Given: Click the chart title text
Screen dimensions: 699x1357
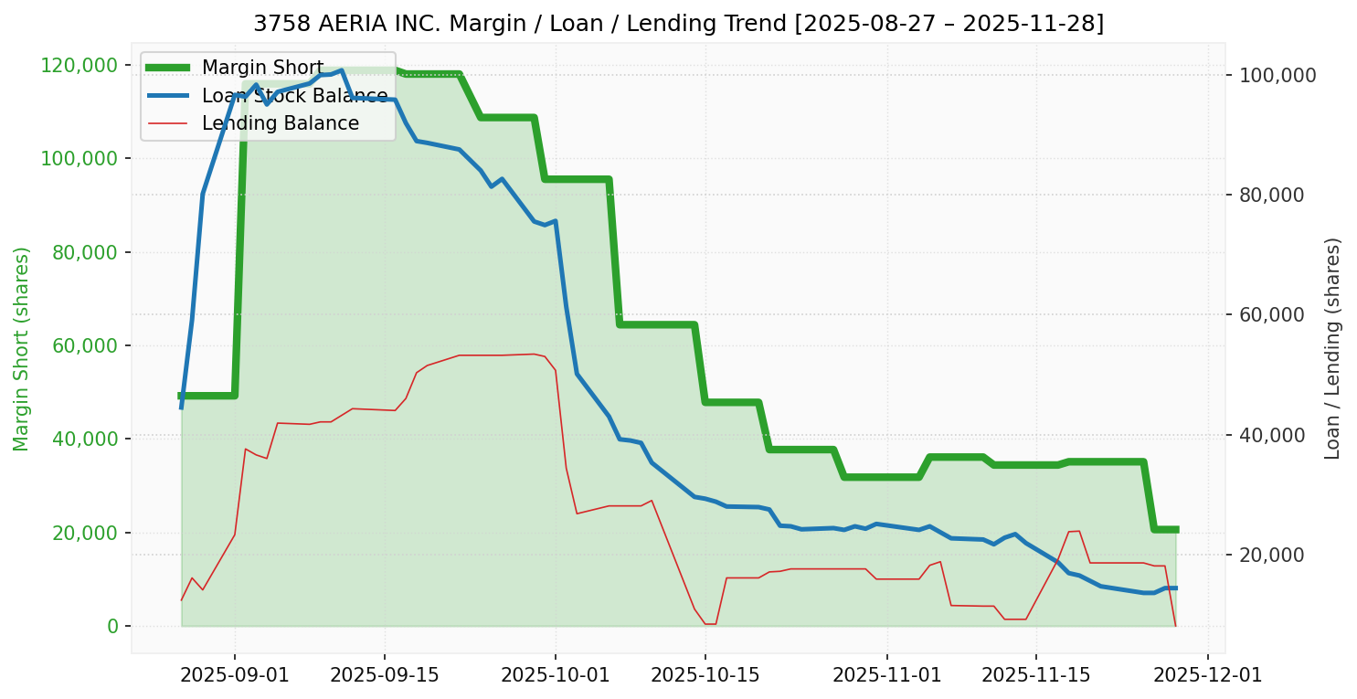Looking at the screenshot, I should click(x=678, y=24).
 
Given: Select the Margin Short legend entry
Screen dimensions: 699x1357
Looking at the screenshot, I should click(x=262, y=68).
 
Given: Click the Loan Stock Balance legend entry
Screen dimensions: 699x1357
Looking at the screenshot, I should click(x=294, y=96).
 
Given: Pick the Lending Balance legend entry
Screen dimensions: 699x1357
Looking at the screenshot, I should click(x=280, y=123).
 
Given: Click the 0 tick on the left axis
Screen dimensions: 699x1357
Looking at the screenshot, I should click(x=112, y=626).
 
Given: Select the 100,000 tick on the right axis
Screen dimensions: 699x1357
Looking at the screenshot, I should click(x=1277, y=75).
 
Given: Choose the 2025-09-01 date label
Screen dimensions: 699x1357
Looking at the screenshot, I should click(x=235, y=675).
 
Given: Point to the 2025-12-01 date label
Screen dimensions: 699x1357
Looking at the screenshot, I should click(x=1208, y=675).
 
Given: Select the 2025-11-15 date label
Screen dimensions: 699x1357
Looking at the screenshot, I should click(x=1036, y=675).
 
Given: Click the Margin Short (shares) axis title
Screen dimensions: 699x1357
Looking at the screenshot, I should click(x=22, y=348).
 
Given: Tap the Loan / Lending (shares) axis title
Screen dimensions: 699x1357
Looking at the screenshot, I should click(x=1332, y=348).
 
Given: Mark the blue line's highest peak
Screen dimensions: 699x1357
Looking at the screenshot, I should click(x=341, y=70).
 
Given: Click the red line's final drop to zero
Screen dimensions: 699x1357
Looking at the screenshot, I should click(x=1175, y=625).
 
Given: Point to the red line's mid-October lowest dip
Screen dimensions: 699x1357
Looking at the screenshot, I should click(x=710, y=624).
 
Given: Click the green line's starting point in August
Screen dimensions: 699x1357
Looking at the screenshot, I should click(x=181, y=396).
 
